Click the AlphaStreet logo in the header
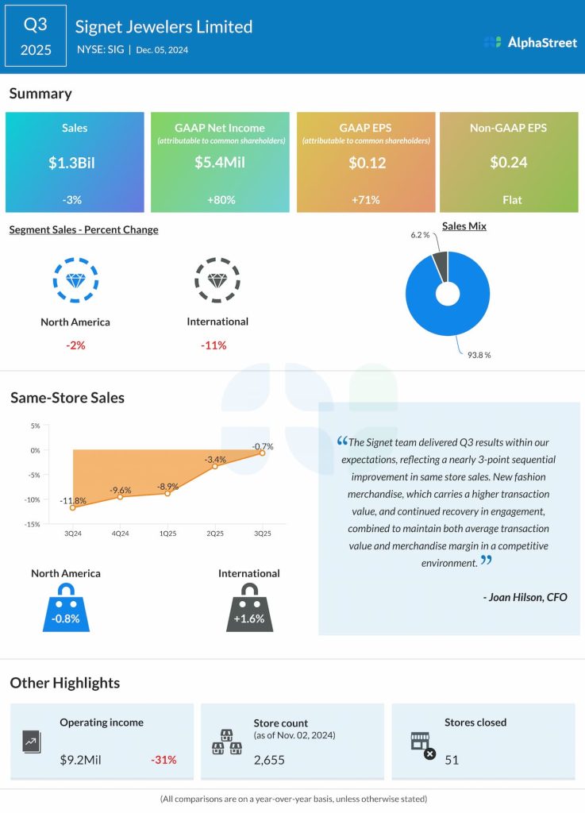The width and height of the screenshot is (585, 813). [x=529, y=42]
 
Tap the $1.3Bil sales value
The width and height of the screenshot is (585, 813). [x=75, y=163]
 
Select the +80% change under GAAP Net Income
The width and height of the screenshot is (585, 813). [x=220, y=199]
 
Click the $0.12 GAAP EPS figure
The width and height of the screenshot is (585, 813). [x=366, y=163]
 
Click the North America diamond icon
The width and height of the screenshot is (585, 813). [x=75, y=280]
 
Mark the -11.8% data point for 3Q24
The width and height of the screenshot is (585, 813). [x=72, y=507]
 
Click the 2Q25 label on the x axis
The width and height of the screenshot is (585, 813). [x=214, y=534]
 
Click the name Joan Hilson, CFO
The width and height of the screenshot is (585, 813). [x=525, y=597]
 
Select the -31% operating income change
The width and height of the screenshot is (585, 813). [x=164, y=760]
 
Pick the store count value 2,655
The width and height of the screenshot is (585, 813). [x=269, y=760]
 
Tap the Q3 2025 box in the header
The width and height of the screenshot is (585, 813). [x=36, y=37]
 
